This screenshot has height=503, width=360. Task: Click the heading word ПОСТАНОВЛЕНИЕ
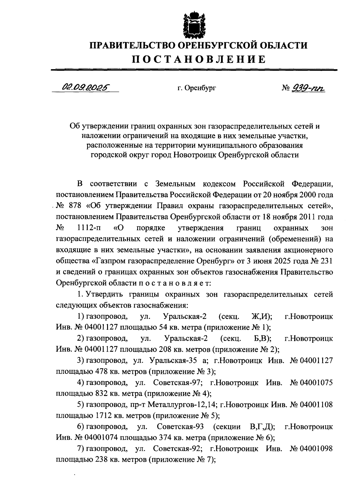(199, 59)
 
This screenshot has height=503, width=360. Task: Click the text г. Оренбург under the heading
(196, 88)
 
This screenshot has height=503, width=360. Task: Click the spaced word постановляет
(175, 282)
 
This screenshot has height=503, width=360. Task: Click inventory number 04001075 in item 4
(316, 382)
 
